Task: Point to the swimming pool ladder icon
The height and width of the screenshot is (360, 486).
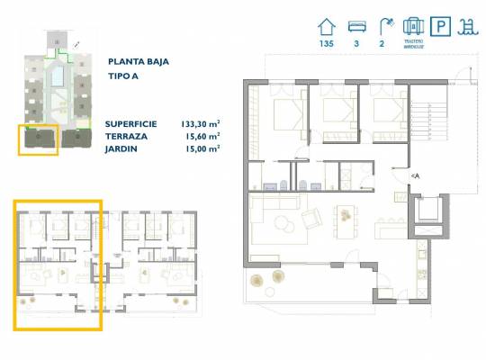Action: pos(469,26)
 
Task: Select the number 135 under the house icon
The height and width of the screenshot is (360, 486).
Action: pos(327,43)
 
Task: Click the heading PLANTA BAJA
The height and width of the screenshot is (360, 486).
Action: pos(138,62)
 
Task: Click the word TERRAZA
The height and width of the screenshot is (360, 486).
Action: pos(127,137)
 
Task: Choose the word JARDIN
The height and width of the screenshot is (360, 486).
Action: pos(121,149)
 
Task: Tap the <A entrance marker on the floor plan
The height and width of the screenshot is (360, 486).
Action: pos(415,175)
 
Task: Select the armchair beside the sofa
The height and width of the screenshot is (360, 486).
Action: pos(311,219)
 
